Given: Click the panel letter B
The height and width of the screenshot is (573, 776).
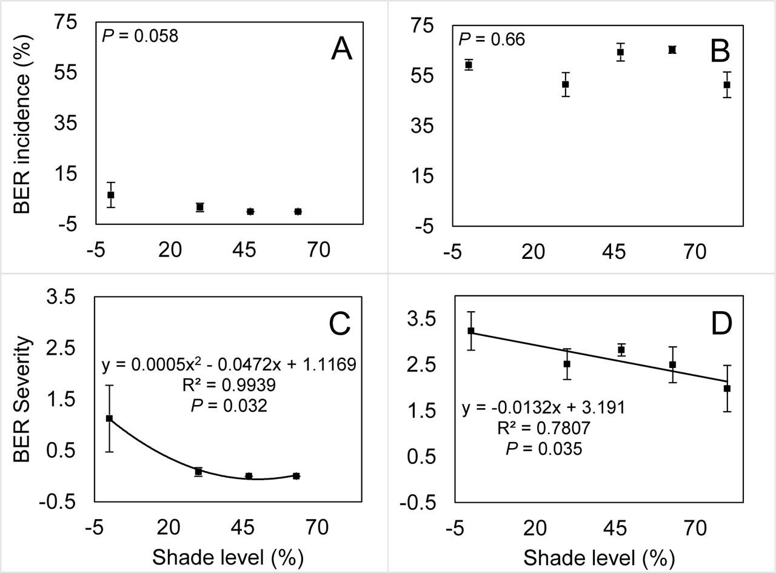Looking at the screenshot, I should [x=720, y=52].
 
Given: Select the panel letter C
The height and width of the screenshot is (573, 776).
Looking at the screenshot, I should [x=340, y=325].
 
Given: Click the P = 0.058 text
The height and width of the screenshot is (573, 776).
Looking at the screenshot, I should [x=141, y=36].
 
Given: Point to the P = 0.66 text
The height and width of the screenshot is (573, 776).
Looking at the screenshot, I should [x=492, y=40].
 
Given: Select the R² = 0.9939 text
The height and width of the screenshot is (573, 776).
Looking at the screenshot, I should [x=229, y=385].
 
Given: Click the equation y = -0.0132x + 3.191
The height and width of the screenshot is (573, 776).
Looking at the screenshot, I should [x=543, y=407].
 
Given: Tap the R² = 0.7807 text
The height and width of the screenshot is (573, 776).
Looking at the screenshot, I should [x=543, y=428].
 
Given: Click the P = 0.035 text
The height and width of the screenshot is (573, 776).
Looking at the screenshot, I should [x=543, y=449].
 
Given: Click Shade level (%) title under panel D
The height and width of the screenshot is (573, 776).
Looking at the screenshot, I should [x=598, y=557].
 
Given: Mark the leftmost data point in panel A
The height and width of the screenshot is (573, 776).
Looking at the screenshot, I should [x=111, y=195].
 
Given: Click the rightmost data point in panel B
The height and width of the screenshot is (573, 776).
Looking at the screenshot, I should [x=727, y=85].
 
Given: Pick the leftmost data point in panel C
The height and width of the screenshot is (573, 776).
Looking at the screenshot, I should [x=110, y=418].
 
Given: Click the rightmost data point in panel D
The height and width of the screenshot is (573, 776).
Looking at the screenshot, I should [x=727, y=388].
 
